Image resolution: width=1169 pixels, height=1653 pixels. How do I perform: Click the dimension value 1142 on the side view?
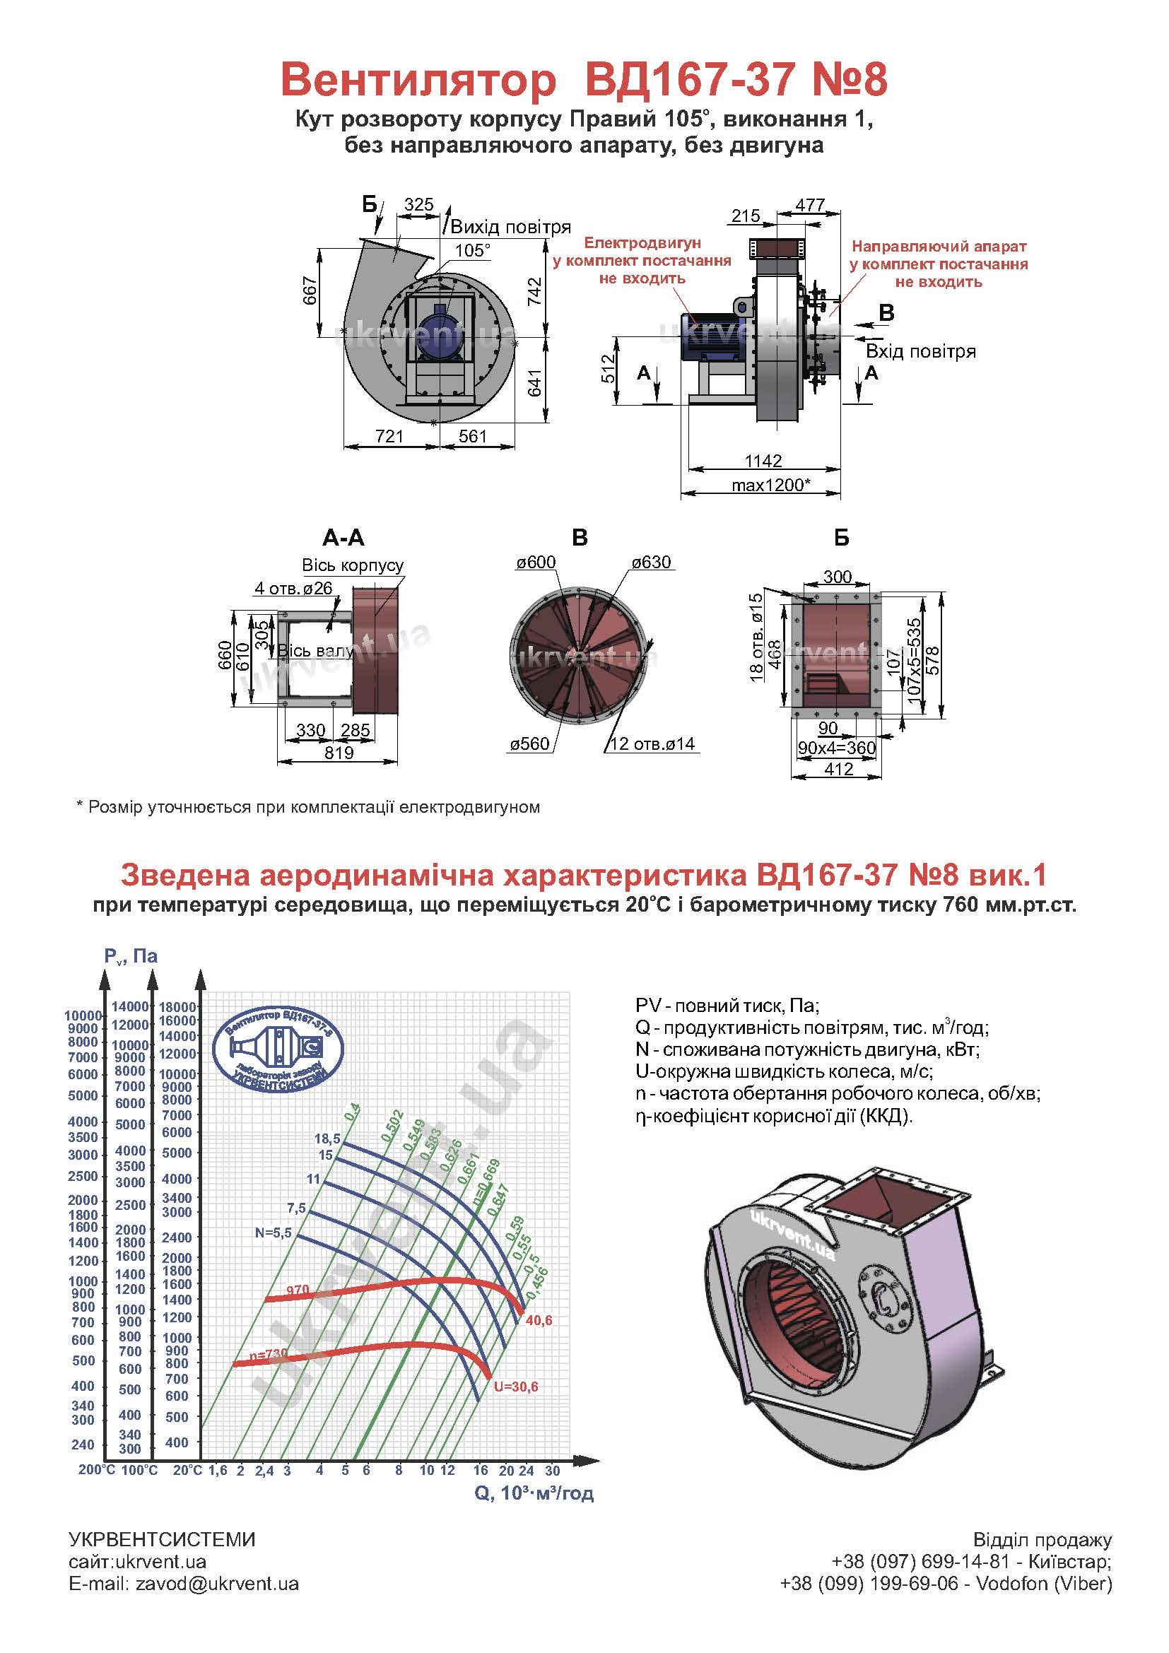[763, 460]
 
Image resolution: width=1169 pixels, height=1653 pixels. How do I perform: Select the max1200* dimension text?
[770, 485]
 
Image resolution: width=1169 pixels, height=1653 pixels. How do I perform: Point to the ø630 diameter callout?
[652, 563]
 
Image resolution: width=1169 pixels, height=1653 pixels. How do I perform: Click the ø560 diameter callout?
[529, 743]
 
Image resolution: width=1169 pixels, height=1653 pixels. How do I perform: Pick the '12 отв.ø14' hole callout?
[652, 743]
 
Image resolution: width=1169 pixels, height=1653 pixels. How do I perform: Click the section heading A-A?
[343, 538]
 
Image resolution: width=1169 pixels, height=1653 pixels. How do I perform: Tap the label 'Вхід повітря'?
[921, 352]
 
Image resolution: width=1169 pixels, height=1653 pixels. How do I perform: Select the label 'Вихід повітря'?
[510, 228]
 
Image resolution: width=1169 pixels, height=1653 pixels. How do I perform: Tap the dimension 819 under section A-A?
[339, 753]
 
